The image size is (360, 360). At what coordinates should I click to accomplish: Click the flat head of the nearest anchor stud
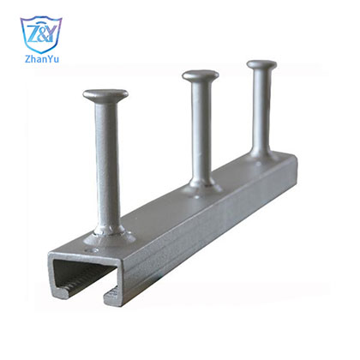(105, 95)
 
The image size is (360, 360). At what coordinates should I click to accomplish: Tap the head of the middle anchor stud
(201, 75)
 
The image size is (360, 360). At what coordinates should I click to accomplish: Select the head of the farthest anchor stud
(261, 65)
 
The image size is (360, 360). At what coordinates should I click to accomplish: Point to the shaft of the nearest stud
(107, 163)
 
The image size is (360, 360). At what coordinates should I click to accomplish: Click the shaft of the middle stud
(201, 129)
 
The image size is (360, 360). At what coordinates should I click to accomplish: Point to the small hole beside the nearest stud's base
(93, 250)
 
